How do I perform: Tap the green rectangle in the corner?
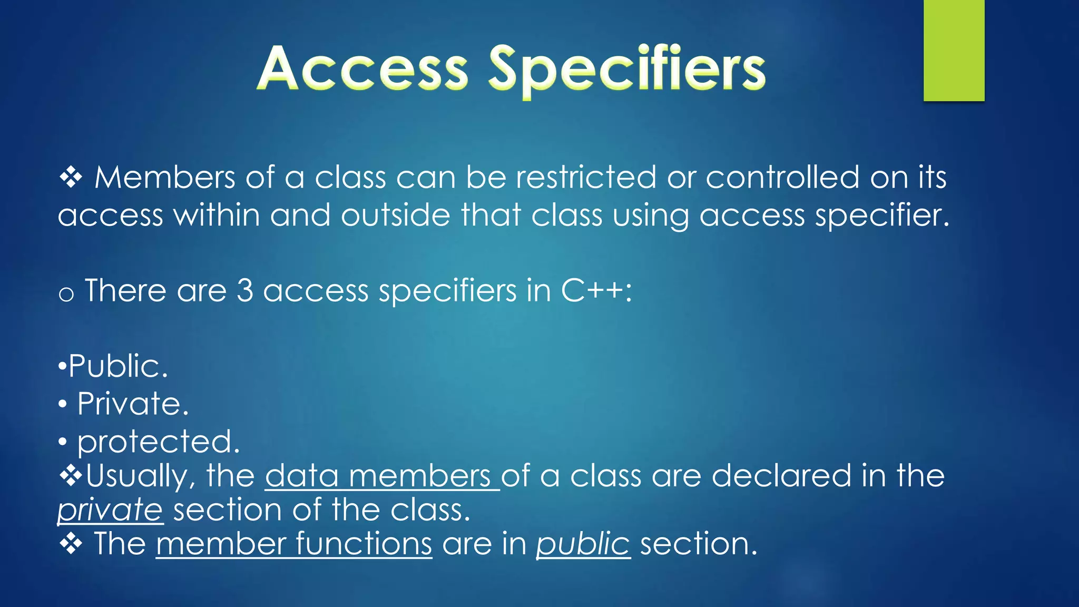[954, 50]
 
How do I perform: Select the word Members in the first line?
[164, 177]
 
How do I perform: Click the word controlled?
[782, 177]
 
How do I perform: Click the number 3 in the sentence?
[244, 290]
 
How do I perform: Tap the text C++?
[596, 290]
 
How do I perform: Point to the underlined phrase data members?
[380, 476]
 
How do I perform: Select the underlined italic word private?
[110, 510]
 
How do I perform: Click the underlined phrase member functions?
[294, 544]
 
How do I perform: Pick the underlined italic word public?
[583, 544]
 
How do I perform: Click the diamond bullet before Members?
[71, 178]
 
